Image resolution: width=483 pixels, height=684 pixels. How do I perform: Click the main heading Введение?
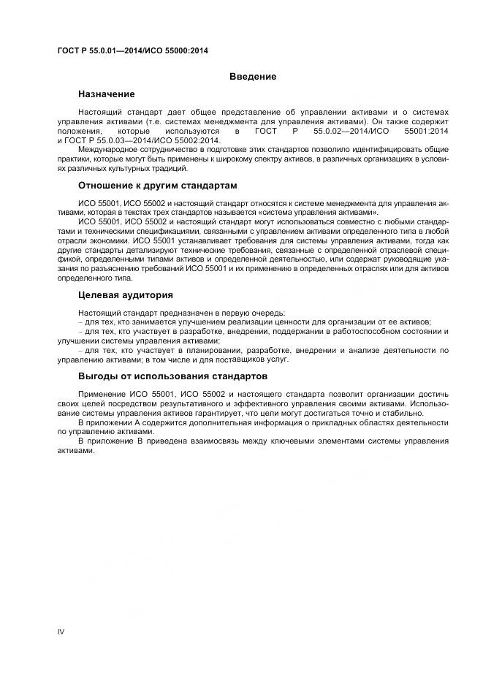pos(253,77)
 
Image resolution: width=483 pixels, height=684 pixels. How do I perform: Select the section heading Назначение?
pos(107,94)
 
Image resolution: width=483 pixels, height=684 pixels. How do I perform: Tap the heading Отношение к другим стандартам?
pos(157,185)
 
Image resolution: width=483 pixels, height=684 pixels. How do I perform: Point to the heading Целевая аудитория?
pos(126,295)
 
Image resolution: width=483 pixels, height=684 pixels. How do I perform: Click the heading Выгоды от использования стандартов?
pos(172,376)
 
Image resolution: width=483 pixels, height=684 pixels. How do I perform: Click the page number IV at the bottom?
pos(61,631)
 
